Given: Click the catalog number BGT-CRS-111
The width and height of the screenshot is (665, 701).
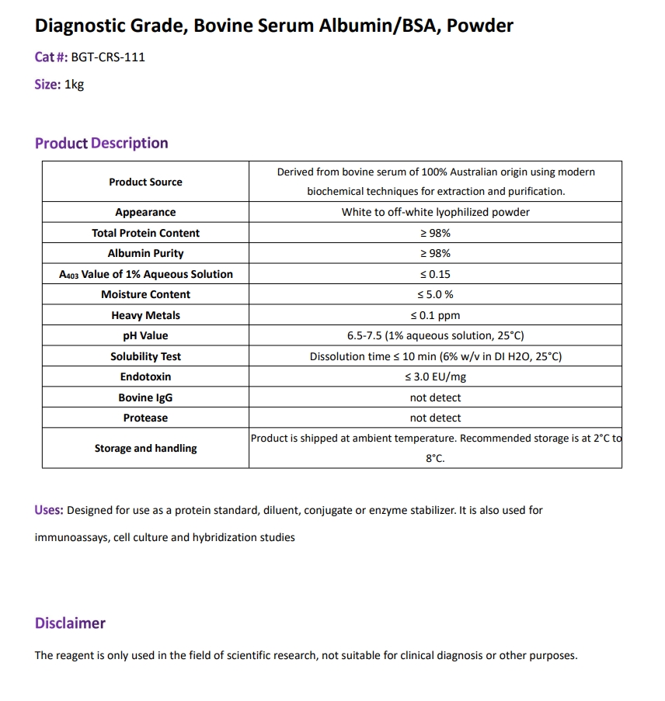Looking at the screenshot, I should (108, 57).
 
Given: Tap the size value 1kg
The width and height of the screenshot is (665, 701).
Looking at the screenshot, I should (74, 85).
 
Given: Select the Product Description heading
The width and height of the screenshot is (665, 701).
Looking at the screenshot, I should (101, 143).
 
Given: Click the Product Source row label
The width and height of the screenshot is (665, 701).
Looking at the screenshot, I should (145, 182).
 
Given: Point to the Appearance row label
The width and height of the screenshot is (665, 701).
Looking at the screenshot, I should (145, 212).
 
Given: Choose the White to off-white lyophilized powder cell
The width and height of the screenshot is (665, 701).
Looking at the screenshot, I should (435, 212).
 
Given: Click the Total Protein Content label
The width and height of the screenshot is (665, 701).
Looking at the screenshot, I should (145, 233).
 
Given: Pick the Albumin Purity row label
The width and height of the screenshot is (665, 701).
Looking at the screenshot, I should (145, 253).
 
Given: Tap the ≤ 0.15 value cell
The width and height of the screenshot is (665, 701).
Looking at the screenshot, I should (435, 274).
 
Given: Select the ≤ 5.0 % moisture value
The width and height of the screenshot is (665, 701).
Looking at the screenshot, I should (435, 294).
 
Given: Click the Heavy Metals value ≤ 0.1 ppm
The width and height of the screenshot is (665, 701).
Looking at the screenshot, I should (435, 315).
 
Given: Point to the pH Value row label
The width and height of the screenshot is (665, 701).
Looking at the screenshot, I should (145, 335).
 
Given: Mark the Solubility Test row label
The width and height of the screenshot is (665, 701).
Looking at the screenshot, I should (145, 356).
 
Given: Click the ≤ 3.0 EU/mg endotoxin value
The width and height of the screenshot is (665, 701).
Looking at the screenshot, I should (435, 377).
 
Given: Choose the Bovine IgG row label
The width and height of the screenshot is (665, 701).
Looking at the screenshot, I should (145, 397).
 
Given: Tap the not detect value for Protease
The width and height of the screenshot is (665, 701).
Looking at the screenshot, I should (435, 418).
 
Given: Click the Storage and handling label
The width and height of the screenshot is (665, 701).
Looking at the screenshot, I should (145, 448).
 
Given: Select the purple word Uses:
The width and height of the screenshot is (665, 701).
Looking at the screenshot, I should (49, 510).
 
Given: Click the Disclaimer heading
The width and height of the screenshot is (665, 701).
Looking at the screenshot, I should (70, 623).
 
